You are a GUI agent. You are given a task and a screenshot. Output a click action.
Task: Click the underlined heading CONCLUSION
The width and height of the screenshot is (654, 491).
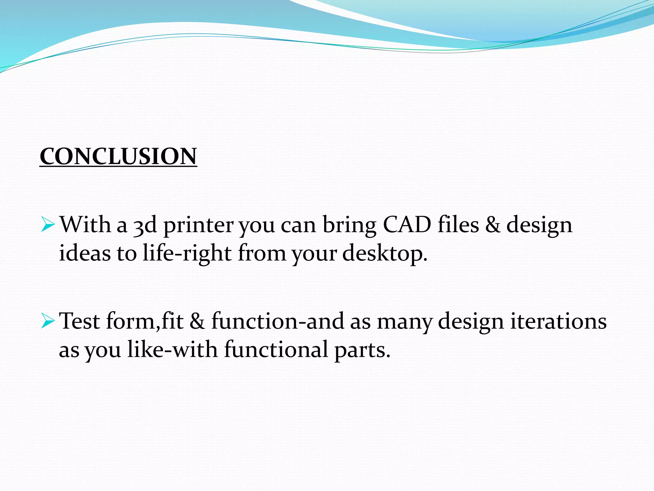pyautogui.click(x=118, y=157)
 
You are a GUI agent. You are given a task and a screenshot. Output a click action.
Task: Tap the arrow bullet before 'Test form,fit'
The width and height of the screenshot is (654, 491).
pyautogui.click(x=48, y=321)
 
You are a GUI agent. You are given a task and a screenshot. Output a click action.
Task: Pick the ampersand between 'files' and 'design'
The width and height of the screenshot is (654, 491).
pyautogui.click(x=493, y=225)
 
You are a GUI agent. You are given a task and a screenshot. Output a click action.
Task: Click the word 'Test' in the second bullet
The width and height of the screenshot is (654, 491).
pyautogui.click(x=80, y=321)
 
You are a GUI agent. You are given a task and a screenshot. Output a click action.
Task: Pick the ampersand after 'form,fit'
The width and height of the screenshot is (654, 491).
pyautogui.click(x=197, y=322)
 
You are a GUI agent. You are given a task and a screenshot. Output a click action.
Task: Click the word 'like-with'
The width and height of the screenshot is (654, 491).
pyautogui.click(x=172, y=349)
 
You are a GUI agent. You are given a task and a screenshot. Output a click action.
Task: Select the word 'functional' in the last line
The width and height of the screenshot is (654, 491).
pyautogui.click(x=276, y=349)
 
